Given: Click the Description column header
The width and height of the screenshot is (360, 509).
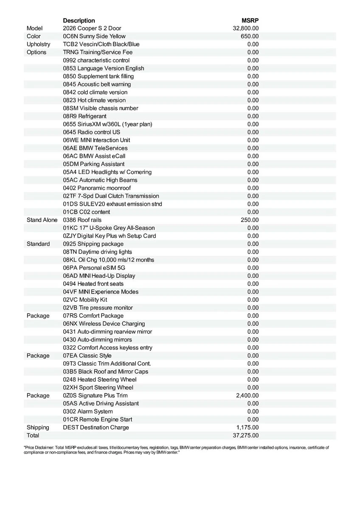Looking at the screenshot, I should [x=79, y=20].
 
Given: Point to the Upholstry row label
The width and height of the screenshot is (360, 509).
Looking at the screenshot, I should [x=38, y=44].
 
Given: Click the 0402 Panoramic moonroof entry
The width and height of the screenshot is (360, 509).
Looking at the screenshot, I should [x=97, y=188].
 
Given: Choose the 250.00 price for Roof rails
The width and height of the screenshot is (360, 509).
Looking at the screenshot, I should [x=250, y=220].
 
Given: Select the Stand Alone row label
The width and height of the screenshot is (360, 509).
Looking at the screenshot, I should [x=42, y=220].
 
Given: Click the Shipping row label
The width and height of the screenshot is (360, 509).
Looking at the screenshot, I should [x=38, y=427].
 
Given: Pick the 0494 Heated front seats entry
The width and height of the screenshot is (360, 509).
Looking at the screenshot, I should [x=96, y=284].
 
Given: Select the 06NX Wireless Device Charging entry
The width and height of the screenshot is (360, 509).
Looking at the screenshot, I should [x=104, y=324].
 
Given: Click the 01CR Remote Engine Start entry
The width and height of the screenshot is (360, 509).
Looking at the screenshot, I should [x=98, y=420].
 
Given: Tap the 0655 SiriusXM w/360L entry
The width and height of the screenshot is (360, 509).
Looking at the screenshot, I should [x=107, y=124].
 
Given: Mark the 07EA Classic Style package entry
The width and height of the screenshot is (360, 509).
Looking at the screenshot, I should [x=87, y=355].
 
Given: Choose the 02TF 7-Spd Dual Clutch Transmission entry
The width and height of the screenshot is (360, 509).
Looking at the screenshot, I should [x=111, y=196].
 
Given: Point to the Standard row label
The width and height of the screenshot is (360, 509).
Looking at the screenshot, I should [x=38, y=244].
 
